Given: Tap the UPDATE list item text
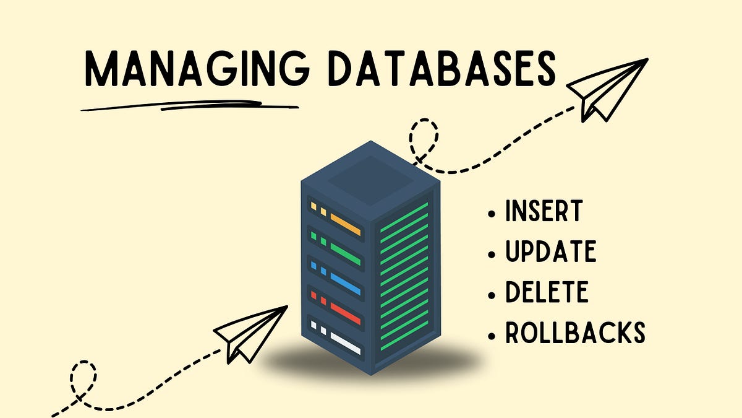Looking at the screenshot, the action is pos(550,252).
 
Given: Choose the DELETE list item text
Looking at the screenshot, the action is pos(547,292).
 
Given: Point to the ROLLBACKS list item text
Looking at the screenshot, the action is pos(575,333).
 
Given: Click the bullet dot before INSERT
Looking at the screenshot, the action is pos(492,214).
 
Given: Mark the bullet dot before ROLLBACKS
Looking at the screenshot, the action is pos(492,335).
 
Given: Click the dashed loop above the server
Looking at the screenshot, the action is pos(424,140).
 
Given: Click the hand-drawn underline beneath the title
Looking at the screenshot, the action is pos(185,106).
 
